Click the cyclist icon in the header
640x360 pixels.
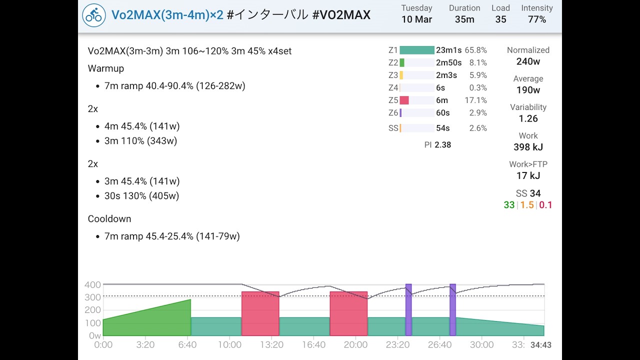(x=94, y=15)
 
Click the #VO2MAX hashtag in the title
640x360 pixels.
(x=341, y=15)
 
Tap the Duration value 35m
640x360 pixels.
(x=464, y=19)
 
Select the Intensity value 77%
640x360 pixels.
(x=536, y=19)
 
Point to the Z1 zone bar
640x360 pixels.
(x=417, y=50)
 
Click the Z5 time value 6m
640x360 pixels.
(x=442, y=100)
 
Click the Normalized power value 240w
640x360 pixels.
(x=528, y=61)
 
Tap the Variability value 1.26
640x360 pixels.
(x=528, y=118)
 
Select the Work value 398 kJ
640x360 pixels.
(x=528, y=147)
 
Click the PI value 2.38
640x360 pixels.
(x=442, y=145)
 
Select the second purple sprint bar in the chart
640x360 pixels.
(x=452, y=310)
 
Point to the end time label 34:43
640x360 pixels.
(x=541, y=345)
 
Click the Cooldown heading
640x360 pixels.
(x=109, y=219)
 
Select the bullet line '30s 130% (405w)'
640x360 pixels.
(x=141, y=196)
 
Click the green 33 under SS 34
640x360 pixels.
(x=509, y=205)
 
